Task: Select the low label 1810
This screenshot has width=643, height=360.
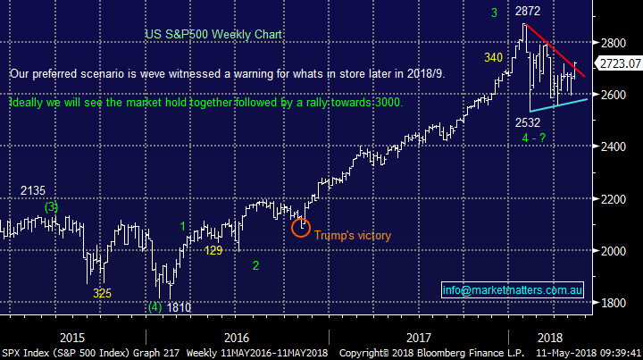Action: click(x=180, y=307)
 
